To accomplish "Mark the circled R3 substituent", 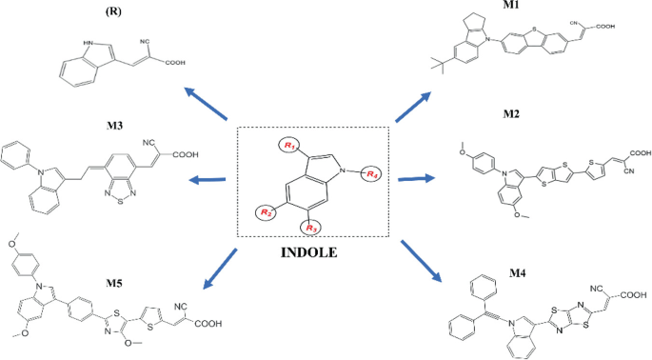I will point(307,227).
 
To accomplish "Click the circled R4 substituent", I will point(373,174).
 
